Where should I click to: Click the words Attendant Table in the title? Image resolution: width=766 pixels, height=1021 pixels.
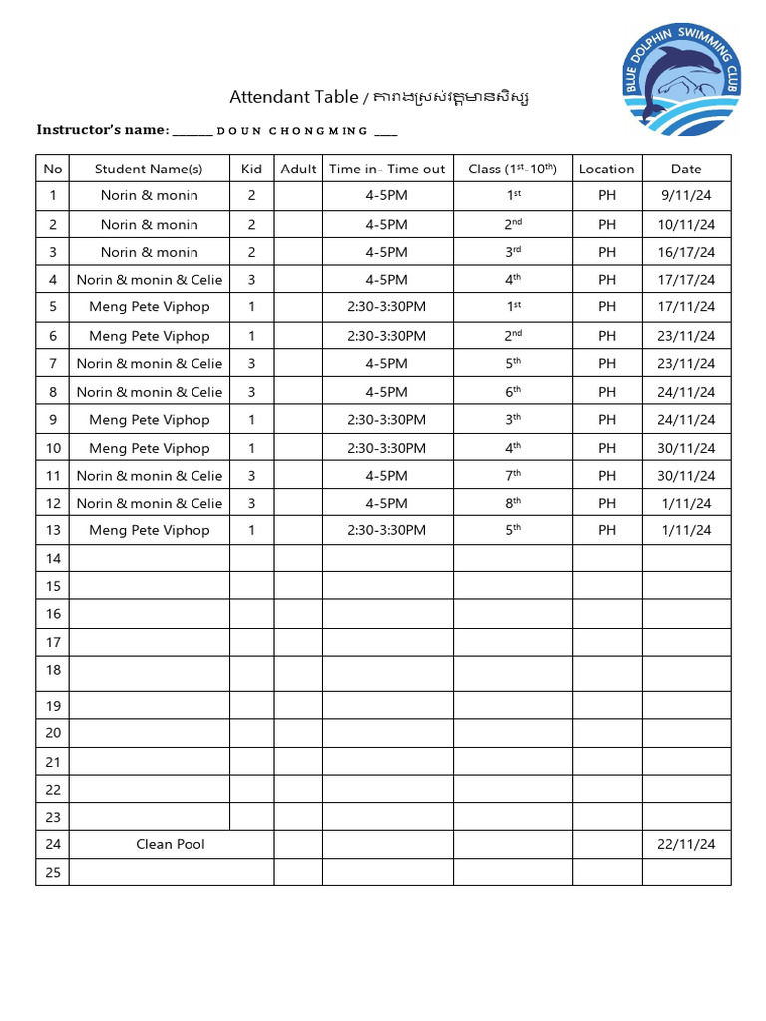pos(293,97)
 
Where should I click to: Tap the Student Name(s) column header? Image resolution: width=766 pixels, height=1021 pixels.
pos(149,169)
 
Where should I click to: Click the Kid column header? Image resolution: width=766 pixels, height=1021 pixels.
pos(251,169)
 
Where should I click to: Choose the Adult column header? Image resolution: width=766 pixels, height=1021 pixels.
pos(298,169)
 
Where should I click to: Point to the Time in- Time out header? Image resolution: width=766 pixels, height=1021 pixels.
pos(387,169)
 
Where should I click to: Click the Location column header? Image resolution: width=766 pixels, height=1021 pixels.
pos(606,169)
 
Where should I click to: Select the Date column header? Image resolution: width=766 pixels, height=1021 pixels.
pos(686,169)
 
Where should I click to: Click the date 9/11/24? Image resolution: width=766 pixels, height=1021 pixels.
pos(686,196)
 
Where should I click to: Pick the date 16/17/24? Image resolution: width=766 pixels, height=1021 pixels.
pos(686,252)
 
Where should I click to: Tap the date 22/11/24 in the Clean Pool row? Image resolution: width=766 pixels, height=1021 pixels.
pos(686,844)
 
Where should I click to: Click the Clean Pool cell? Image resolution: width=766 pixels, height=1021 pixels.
pos(171,844)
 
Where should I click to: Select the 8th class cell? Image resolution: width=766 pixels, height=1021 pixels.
pos(513,503)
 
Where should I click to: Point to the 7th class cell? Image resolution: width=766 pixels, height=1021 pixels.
pos(513,475)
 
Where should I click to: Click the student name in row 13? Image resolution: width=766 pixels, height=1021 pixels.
pos(149,530)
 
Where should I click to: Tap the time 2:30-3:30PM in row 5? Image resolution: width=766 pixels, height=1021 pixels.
pos(387,307)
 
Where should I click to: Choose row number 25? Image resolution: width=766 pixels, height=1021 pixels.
pos(53,873)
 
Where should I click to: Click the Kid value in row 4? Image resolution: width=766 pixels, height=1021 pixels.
pos(251,280)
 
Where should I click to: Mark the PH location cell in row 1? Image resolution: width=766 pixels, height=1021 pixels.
pos(606,196)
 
